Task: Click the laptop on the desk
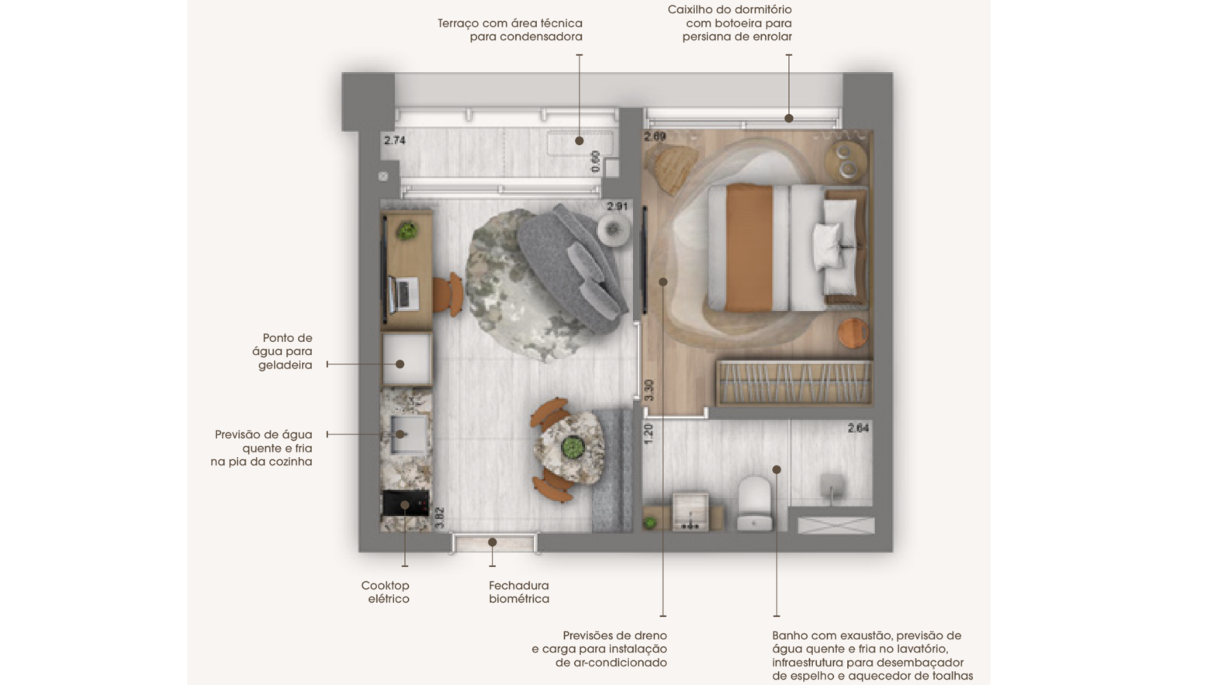click(403, 294)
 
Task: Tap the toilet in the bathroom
click(754, 503)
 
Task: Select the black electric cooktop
click(406, 503)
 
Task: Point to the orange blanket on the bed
click(749, 248)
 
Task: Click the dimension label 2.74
click(395, 140)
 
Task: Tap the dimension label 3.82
click(440, 517)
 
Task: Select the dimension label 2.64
click(858, 428)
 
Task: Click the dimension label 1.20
click(648, 434)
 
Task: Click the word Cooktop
click(385, 586)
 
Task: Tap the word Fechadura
click(519, 586)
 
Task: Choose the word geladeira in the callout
click(285, 365)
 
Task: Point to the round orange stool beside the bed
click(853, 333)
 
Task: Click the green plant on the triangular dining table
click(573, 448)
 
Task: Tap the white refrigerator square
click(407, 359)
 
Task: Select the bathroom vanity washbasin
click(690, 512)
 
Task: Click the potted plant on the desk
click(407, 231)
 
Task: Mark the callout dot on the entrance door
click(492, 542)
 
